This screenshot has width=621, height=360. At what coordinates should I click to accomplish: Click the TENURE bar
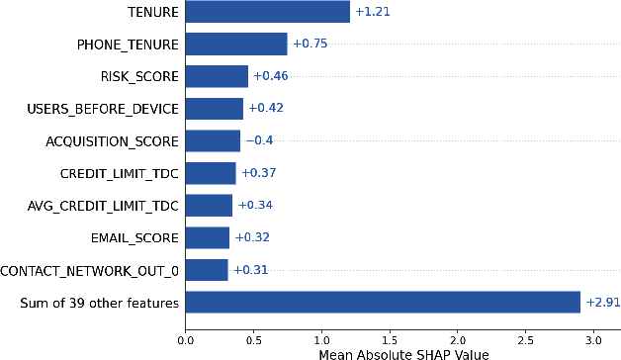point(267,12)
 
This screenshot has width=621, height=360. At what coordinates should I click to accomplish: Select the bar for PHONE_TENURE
point(236,44)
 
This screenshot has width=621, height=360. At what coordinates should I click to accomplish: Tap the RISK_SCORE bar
point(217,76)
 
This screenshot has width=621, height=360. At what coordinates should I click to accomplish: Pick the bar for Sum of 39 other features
point(383,302)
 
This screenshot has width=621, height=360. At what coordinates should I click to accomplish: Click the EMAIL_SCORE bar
point(208,237)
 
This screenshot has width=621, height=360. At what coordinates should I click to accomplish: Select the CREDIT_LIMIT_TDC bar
point(211,173)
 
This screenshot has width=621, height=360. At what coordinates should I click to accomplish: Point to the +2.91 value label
point(601,302)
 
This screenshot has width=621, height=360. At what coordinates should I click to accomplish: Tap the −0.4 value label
point(259,140)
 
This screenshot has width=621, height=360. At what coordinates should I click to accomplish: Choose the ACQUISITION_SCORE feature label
point(113,140)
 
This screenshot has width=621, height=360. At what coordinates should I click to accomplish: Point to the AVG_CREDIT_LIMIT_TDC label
point(104,206)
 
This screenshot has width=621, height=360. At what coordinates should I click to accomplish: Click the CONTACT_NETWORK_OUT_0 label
point(90,270)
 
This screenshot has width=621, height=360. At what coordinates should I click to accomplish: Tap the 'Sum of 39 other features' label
point(100,302)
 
